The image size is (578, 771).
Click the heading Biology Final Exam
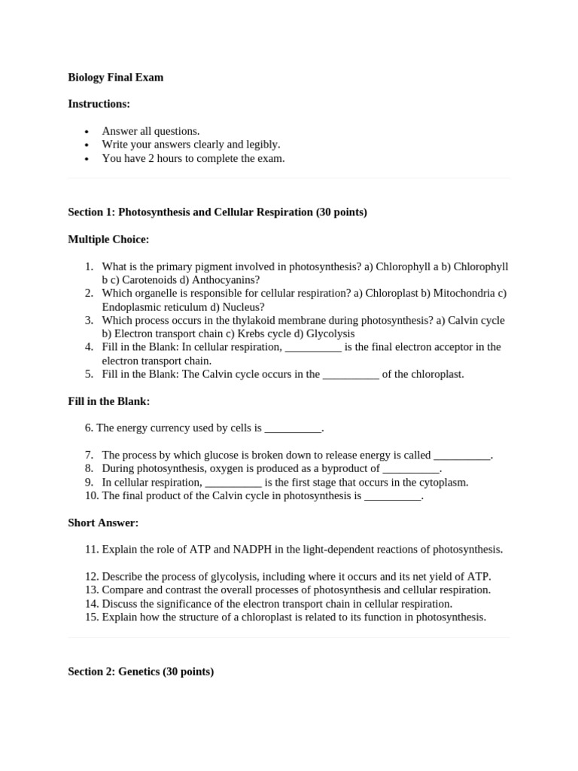(x=115, y=77)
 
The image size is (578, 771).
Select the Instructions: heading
(x=99, y=104)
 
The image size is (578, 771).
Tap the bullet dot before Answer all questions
(x=87, y=132)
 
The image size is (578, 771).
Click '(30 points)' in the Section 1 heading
(x=342, y=212)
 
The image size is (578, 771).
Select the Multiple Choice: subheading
(x=108, y=239)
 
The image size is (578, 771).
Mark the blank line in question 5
(x=351, y=374)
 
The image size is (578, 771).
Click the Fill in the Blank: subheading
(x=108, y=401)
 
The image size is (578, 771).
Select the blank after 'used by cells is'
(x=293, y=428)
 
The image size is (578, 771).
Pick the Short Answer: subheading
(x=103, y=523)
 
